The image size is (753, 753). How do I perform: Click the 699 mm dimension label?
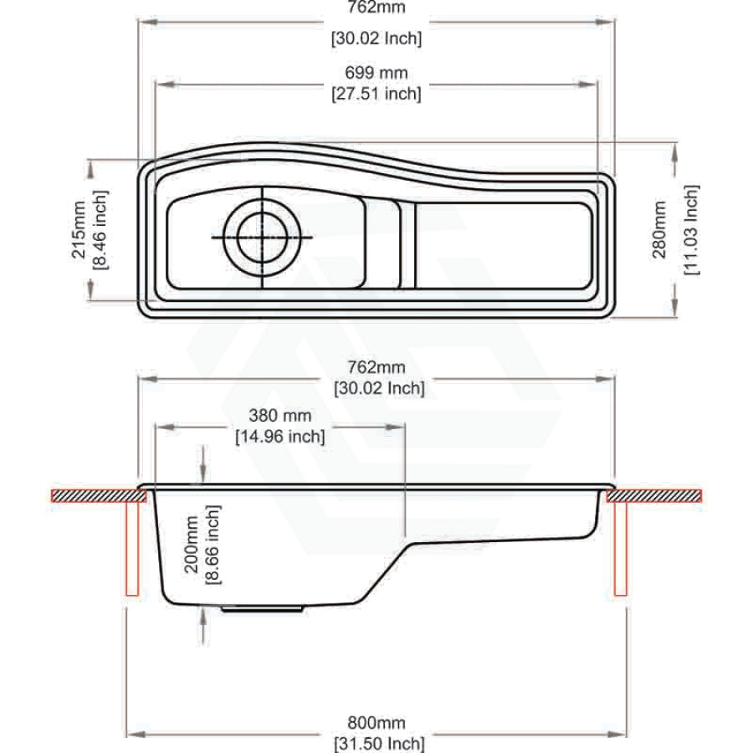376,73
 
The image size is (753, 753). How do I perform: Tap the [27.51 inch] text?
376,93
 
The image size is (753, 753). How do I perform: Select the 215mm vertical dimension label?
79,230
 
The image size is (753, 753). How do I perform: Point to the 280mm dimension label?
659,229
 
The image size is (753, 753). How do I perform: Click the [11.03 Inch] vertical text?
692,229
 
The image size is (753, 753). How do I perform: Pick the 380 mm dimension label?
280,415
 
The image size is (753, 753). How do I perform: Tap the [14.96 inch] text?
280,437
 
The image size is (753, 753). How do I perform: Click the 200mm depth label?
192,545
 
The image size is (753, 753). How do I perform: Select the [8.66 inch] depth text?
213,545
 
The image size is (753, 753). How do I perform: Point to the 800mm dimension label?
376,722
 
